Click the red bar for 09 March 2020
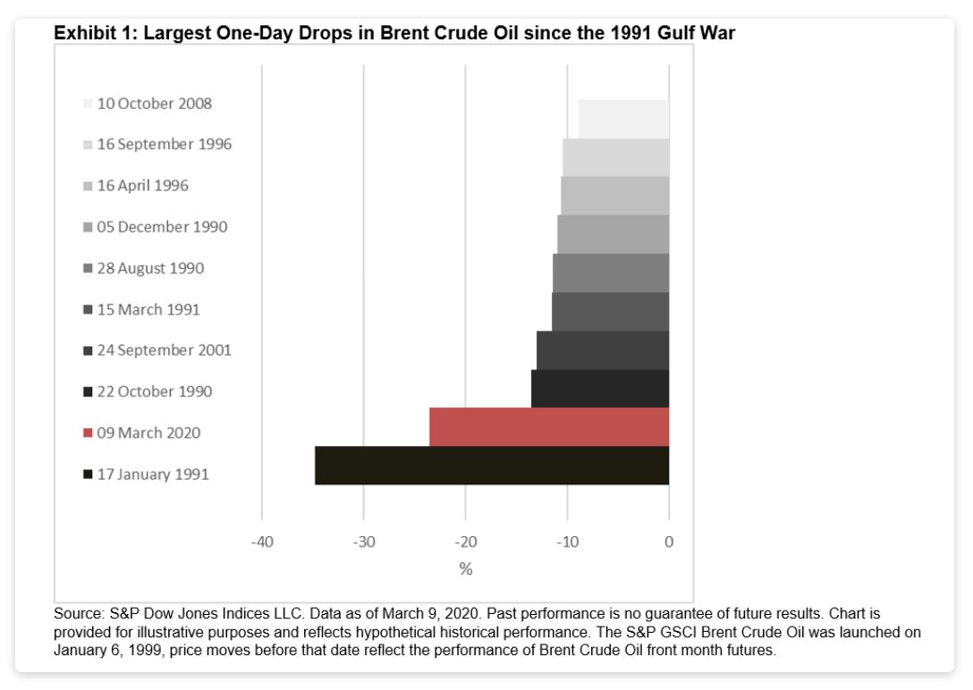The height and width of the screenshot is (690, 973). pyautogui.click(x=549, y=427)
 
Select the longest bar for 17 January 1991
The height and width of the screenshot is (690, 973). pyautogui.click(x=492, y=466)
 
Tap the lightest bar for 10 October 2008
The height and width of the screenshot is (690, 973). pyautogui.click(x=623, y=119)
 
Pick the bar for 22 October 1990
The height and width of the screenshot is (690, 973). pyautogui.click(x=600, y=389)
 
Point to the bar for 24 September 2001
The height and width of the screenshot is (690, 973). pyautogui.click(x=603, y=350)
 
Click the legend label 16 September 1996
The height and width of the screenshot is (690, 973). pyautogui.click(x=164, y=144)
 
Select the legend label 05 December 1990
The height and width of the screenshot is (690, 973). pyautogui.click(x=162, y=227)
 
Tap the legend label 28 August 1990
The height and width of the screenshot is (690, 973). pyautogui.click(x=150, y=268)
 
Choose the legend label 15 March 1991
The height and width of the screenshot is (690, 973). pyautogui.click(x=148, y=309)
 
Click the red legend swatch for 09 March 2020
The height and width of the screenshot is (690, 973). pyautogui.click(x=88, y=433)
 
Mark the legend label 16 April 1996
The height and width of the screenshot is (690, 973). pyautogui.click(x=142, y=186)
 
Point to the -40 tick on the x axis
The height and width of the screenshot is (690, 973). pyautogui.click(x=262, y=542)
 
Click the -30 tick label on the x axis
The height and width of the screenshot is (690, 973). pyautogui.click(x=364, y=542)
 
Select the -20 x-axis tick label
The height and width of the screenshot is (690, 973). pyautogui.click(x=466, y=542)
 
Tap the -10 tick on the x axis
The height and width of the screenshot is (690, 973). pyautogui.click(x=567, y=542)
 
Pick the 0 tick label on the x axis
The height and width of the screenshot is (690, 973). pyautogui.click(x=669, y=542)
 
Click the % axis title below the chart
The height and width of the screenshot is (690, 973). pyautogui.click(x=466, y=569)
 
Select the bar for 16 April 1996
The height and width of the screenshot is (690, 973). pyautogui.click(x=615, y=196)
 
